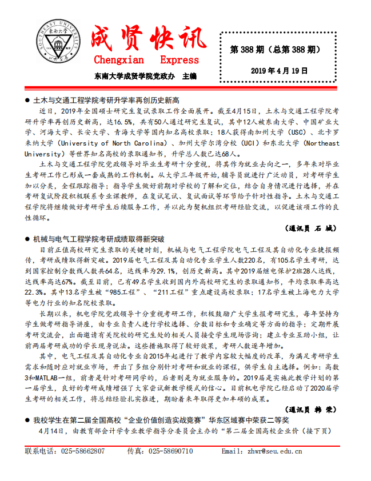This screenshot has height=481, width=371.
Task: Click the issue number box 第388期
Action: pyautogui.click(x=274, y=50)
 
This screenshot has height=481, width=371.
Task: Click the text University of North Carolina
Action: pyautogui.click(x=112, y=143)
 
